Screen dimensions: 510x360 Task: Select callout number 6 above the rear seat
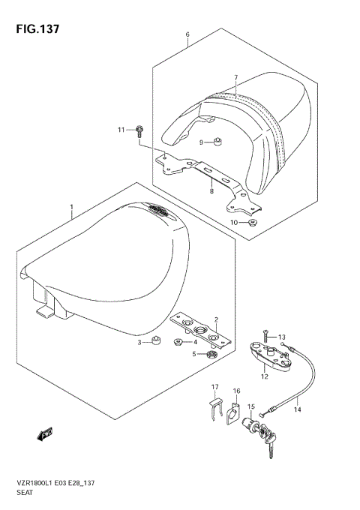point(187,34)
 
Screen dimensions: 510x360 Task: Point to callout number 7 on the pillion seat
point(235,78)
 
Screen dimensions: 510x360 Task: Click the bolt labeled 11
point(140,132)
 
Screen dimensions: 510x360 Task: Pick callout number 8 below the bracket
point(211,192)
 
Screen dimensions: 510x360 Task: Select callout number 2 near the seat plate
point(215,319)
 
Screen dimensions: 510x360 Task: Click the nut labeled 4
point(179,343)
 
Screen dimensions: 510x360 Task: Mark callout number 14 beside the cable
point(298,409)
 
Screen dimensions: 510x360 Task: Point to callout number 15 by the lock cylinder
point(253,407)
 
